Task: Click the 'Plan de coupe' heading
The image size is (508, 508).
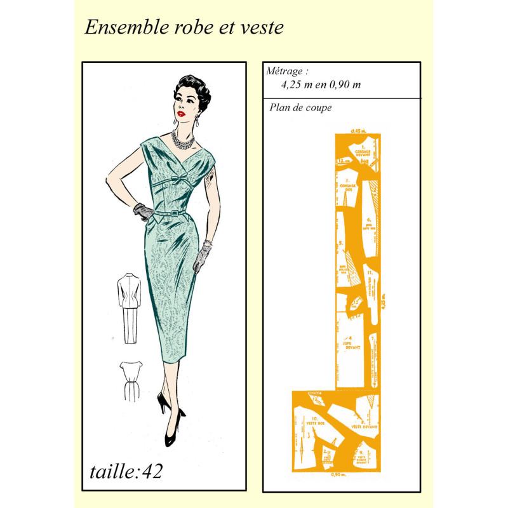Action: click(x=300, y=107)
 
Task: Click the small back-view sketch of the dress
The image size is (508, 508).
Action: click(x=130, y=379)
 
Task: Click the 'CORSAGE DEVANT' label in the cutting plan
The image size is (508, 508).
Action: click(x=363, y=152)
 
